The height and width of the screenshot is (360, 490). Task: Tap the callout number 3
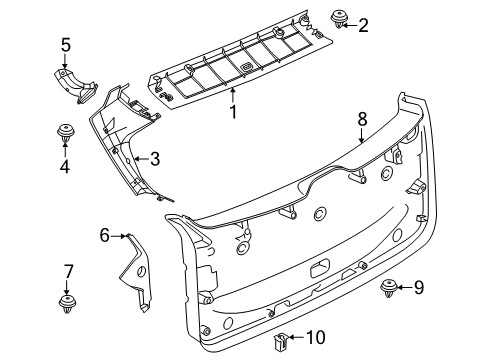click(155, 158)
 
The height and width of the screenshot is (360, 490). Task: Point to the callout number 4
click(65, 167)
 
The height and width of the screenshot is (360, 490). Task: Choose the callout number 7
click(68, 271)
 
